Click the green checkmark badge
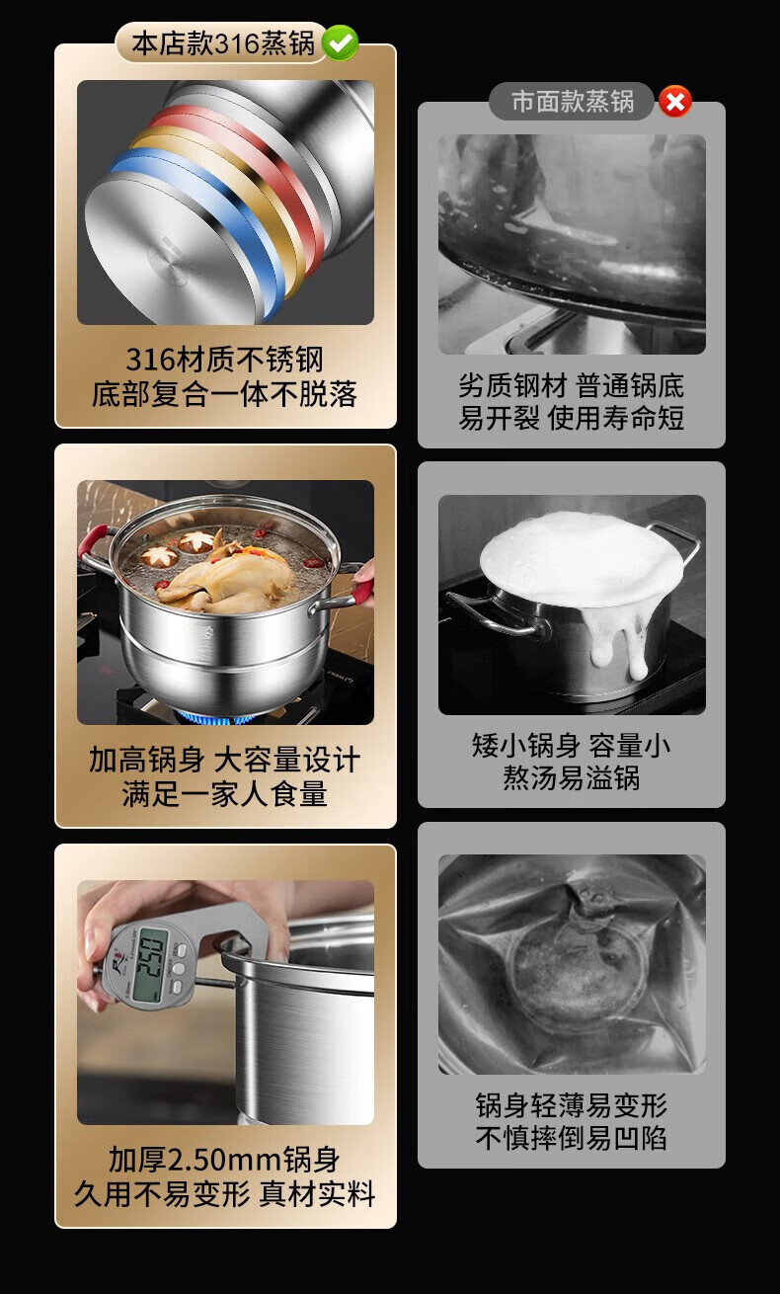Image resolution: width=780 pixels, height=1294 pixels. click(340, 42)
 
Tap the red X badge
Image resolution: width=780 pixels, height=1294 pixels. click(675, 102)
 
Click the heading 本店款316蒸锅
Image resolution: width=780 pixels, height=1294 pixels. click(223, 43)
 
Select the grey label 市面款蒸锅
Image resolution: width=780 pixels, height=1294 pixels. click(572, 102)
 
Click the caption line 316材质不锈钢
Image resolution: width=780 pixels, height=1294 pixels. click(224, 360)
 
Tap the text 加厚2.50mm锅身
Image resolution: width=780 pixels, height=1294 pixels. click(224, 1160)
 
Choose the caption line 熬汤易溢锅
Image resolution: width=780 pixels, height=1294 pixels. click(571, 778)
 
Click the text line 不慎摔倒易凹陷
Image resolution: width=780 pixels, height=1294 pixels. click(571, 1138)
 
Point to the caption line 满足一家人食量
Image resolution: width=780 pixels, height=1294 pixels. click(224, 794)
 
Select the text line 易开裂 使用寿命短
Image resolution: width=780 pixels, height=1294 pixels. click(571, 418)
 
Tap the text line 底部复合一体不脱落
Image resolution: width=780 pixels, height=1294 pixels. click(224, 394)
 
